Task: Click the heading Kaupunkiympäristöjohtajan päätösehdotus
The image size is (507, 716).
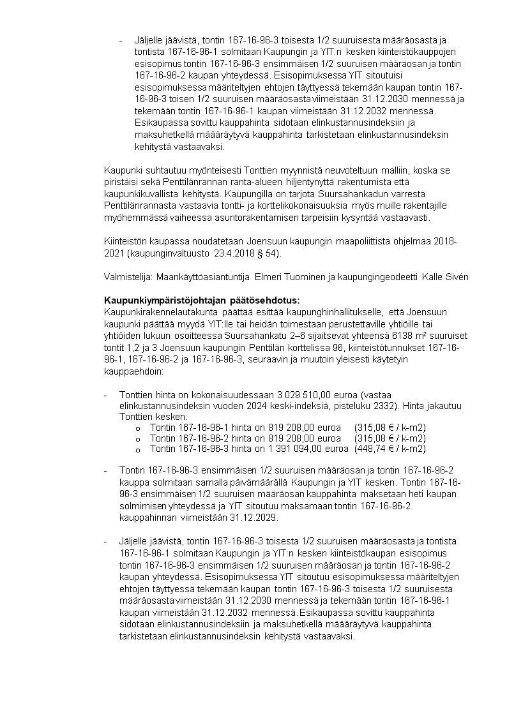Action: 201,301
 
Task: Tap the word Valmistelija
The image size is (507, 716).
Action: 125,278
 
